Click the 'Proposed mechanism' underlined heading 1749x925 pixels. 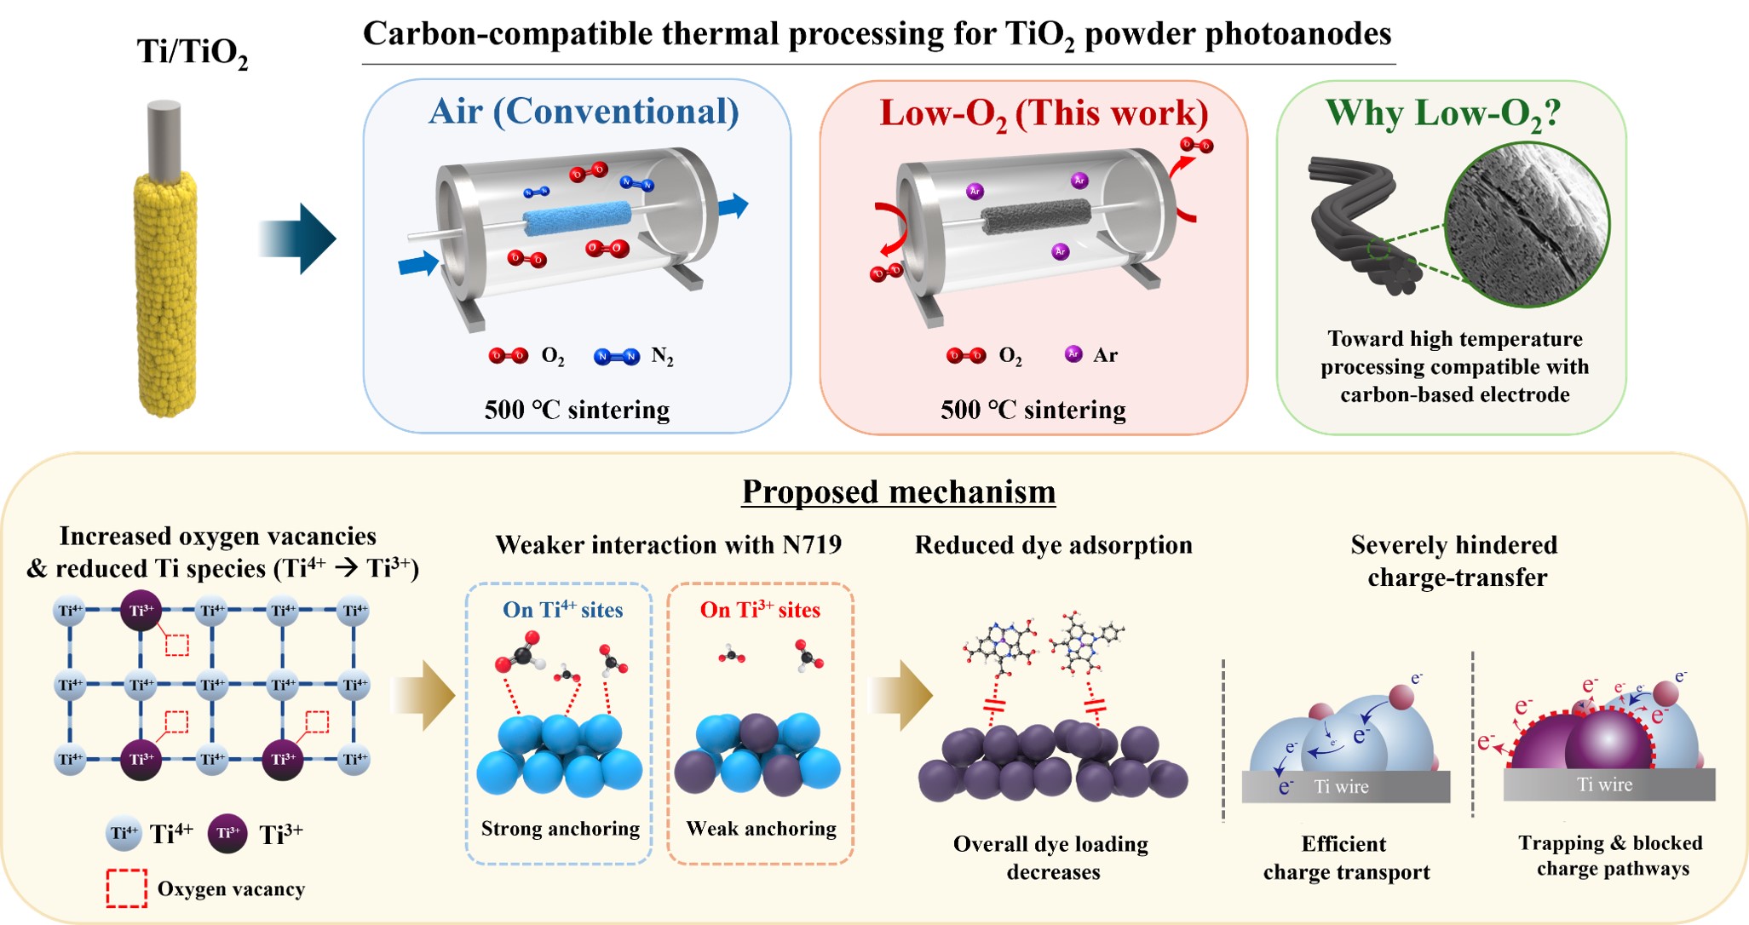[x=899, y=491]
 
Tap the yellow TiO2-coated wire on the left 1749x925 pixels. [x=165, y=294]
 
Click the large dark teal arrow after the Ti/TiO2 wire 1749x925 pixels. [x=297, y=238]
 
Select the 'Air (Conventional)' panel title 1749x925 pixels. [x=584, y=112]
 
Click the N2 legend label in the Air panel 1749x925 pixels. [x=662, y=357]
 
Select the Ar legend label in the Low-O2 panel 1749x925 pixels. [x=1105, y=355]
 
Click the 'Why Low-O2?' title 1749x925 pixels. [x=1442, y=113]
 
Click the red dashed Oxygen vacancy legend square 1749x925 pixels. [x=127, y=888]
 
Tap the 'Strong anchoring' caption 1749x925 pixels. [x=560, y=829]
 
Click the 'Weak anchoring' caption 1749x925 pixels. [x=761, y=829]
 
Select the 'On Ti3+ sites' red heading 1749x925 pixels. [x=760, y=610]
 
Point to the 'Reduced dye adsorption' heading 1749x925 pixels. [x=1053, y=545]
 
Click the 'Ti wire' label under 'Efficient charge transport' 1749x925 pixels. [x=1341, y=787]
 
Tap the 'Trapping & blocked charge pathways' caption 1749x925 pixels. [x=1610, y=856]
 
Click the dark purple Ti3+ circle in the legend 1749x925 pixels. [x=227, y=833]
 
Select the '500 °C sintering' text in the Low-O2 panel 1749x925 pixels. [x=1033, y=410]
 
